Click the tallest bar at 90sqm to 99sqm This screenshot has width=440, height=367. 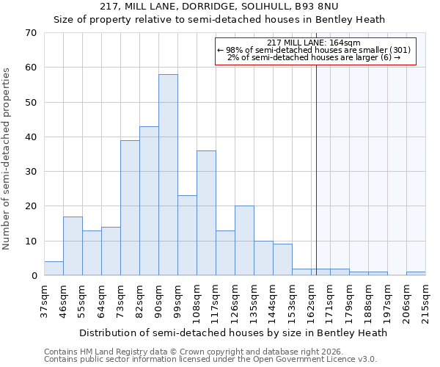[168, 175]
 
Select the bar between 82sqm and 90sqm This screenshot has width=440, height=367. [149, 201]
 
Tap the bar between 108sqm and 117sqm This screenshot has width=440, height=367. [206, 213]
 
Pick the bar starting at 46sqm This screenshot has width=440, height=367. [73, 246]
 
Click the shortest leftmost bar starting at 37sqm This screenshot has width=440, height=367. [54, 269]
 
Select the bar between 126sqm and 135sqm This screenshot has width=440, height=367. [244, 241]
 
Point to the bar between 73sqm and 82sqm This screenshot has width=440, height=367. [130, 208]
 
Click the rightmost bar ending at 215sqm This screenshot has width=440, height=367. [416, 274]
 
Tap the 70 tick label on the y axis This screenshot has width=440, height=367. [31, 33]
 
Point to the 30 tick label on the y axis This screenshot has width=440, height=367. [31, 172]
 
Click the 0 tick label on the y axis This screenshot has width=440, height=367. [34, 276]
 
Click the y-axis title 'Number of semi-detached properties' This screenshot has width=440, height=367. [7, 158]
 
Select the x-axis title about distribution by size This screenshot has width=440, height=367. [233, 333]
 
